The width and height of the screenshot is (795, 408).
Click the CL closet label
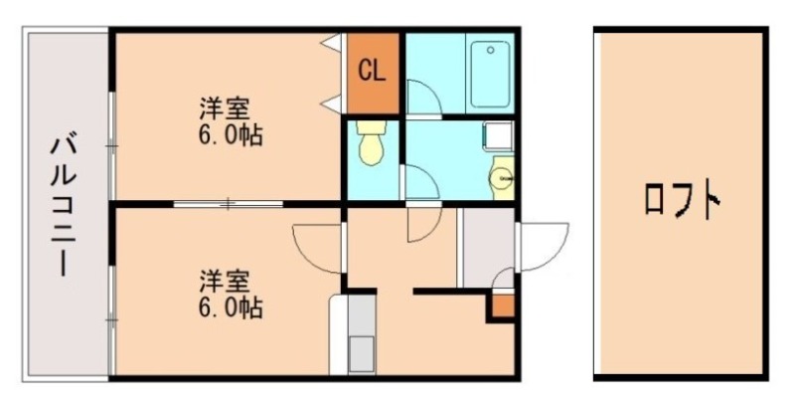(372, 71)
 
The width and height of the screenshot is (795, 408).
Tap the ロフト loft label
(682, 202)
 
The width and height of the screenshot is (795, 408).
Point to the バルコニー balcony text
(61, 207)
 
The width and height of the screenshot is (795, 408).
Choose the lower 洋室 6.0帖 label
(230, 293)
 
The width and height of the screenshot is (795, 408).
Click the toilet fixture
(371, 144)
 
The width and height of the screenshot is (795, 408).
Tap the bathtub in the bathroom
(489, 75)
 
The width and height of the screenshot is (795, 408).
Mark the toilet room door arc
(421, 183)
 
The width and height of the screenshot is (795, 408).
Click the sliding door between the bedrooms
(229, 204)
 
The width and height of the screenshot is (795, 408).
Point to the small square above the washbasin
(495, 135)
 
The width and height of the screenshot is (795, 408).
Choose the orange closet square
(372, 73)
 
